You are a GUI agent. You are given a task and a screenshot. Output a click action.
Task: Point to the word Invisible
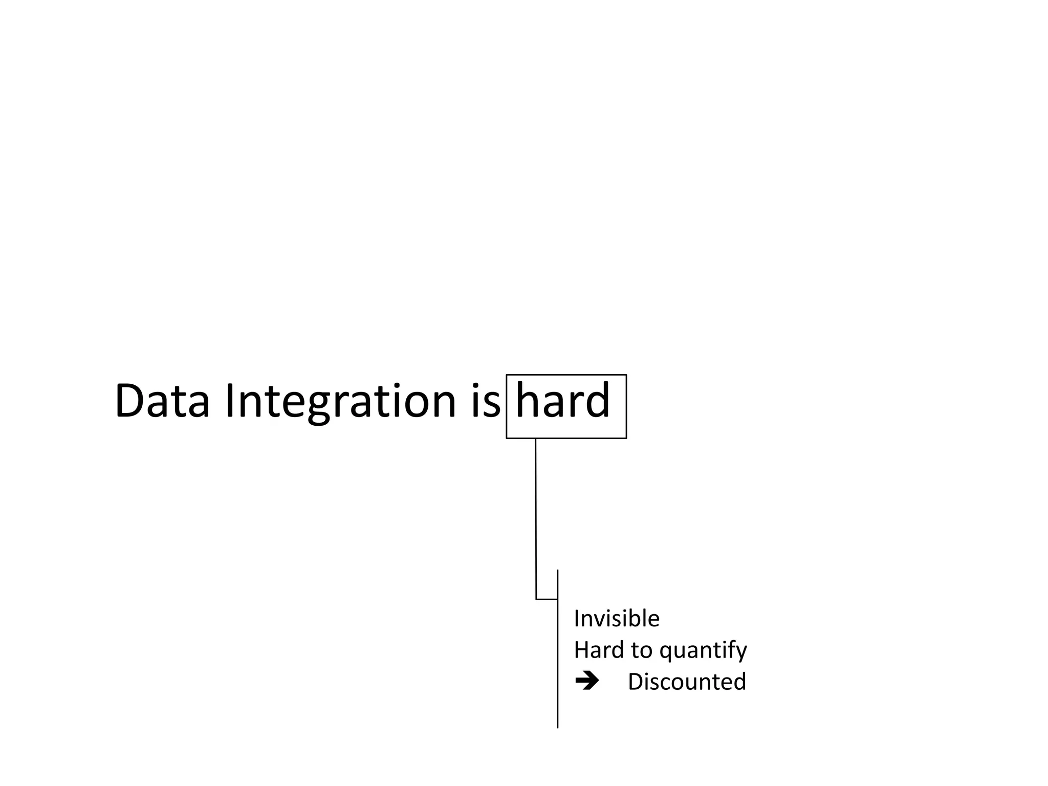(x=616, y=619)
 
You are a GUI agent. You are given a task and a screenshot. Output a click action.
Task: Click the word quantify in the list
(x=703, y=651)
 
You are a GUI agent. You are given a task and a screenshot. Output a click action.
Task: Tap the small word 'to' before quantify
(x=641, y=650)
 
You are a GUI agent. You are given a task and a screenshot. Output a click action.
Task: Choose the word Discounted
(x=687, y=682)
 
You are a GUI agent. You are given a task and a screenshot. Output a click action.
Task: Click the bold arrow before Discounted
(x=586, y=681)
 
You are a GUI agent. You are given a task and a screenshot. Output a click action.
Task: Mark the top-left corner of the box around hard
(x=507, y=375)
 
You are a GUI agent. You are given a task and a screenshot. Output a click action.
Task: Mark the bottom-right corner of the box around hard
(x=626, y=438)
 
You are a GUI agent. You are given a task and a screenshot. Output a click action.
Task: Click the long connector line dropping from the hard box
(x=536, y=517)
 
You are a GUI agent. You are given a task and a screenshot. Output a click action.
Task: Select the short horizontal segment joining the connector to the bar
(x=547, y=599)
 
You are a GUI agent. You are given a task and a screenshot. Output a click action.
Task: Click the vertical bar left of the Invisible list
(x=557, y=665)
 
